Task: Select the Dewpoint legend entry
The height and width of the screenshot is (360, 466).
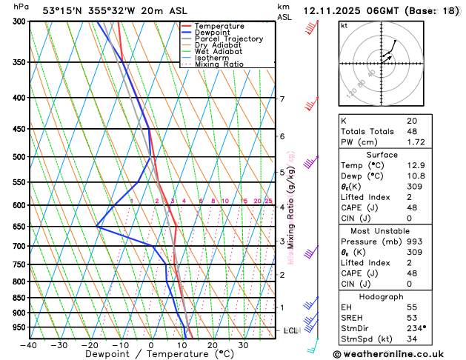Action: (x=213, y=33)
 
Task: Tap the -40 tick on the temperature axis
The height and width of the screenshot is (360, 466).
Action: (x=29, y=344)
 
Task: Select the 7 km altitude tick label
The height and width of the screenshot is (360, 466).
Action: (x=282, y=99)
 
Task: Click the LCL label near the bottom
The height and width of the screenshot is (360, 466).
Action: (x=290, y=330)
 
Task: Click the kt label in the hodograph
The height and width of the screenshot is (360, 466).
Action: (x=344, y=26)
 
